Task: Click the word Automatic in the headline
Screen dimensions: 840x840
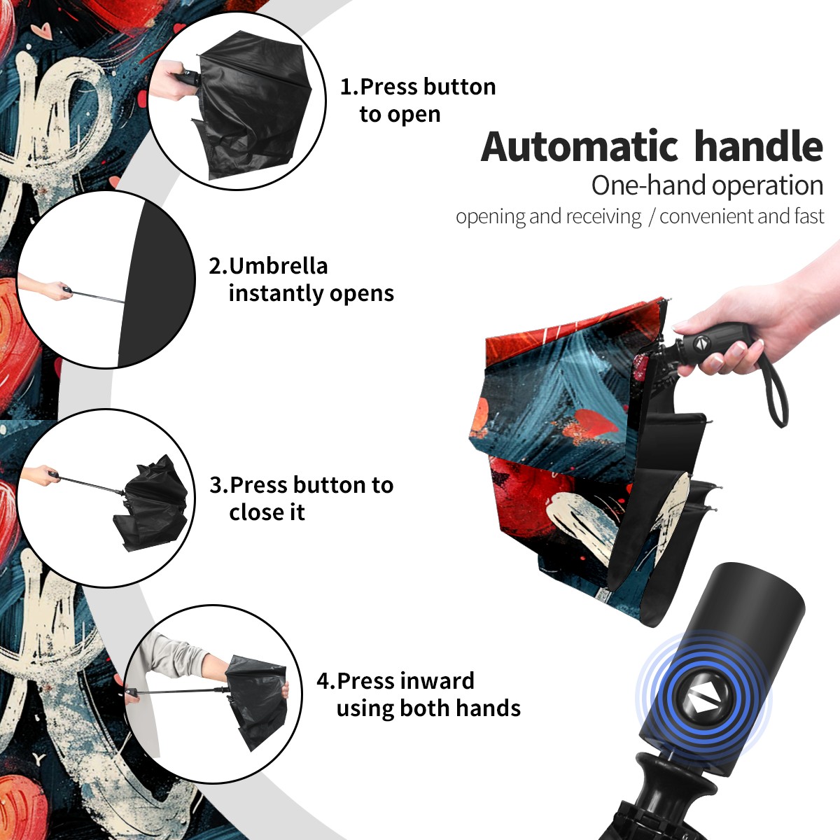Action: [x=580, y=146]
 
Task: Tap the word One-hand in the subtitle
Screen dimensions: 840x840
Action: [x=649, y=185]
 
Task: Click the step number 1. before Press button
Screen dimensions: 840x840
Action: [x=349, y=87]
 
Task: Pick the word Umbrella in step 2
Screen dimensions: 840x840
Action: [x=278, y=266]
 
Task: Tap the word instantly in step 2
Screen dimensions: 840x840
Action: [x=276, y=293]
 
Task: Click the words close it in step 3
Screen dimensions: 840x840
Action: [x=267, y=512]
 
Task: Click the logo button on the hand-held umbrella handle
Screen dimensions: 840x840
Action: [x=701, y=343]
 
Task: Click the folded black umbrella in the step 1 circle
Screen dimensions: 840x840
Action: [x=253, y=108]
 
